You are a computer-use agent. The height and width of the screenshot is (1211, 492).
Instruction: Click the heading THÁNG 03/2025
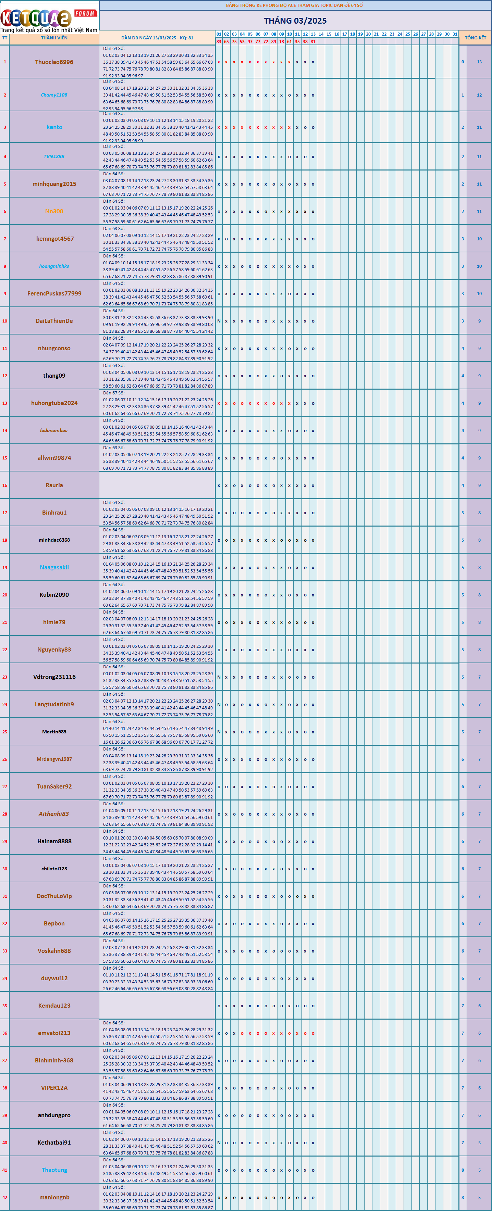point(295,21)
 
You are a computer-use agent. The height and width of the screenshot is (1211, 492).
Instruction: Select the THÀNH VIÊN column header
point(54,38)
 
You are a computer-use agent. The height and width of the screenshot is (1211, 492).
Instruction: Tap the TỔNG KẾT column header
point(475,38)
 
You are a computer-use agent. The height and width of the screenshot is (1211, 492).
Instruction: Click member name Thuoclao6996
point(54,62)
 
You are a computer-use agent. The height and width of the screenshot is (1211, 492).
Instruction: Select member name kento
point(54,127)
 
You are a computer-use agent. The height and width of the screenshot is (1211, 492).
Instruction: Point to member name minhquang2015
point(54,184)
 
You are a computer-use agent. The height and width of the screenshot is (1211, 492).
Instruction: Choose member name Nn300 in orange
point(54,211)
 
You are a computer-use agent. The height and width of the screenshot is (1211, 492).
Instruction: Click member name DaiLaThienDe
point(54,320)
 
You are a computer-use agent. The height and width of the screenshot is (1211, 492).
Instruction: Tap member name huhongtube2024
point(54,403)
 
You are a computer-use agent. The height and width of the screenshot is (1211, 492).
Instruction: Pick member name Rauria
point(54,485)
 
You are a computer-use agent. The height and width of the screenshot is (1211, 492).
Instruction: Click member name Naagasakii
point(54,567)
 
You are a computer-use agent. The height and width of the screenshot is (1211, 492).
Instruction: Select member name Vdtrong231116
point(54,677)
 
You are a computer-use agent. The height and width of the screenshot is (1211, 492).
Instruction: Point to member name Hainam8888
point(54,841)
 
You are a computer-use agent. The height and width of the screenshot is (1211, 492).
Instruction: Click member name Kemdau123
point(54,1006)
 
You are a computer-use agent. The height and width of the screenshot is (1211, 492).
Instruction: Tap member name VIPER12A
point(54,1088)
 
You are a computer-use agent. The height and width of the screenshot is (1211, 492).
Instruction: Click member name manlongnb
point(54,1197)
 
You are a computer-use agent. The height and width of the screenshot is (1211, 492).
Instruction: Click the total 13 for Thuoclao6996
point(479,62)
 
